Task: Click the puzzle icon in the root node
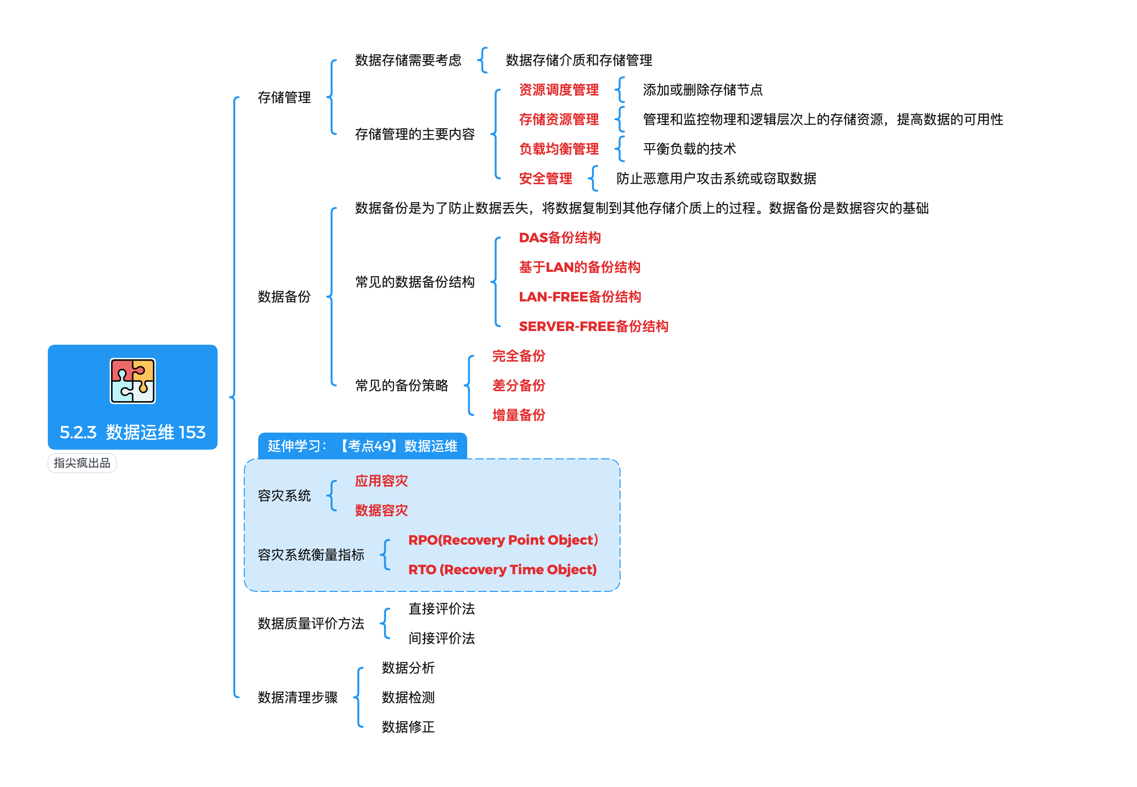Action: pyautogui.click(x=132, y=381)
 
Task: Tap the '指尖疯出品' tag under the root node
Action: pyautogui.click(x=82, y=463)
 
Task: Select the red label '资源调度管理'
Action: pyautogui.click(x=558, y=90)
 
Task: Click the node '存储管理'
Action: pyautogui.click(x=284, y=97)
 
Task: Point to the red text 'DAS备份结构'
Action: pyautogui.click(x=559, y=238)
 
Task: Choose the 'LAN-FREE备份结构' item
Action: pyautogui.click(x=580, y=297)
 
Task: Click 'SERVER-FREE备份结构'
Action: pyautogui.click(x=593, y=326)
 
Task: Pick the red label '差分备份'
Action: pyautogui.click(x=518, y=385)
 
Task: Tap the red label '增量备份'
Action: pyautogui.click(x=518, y=415)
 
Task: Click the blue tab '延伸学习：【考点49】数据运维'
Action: pyautogui.click(x=362, y=446)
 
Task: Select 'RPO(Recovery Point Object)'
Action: pyautogui.click(x=503, y=540)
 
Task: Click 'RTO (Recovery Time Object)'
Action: pyautogui.click(x=502, y=570)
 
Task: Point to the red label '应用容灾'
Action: pyautogui.click(x=381, y=481)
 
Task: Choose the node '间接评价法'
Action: pyautogui.click(x=441, y=638)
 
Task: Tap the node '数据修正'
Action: pyautogui.click(x=408, y=727)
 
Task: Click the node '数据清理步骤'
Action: pyautogui.click(x=297, y=697)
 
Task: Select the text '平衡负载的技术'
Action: pyautogui.click(x=689, y=149)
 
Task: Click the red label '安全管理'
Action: pyautogui.click(x=545, y=178)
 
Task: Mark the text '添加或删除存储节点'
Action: pyautogui.click(x=702, y=90)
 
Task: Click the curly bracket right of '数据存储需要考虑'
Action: pyautogui.click(x=483, y=60)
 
